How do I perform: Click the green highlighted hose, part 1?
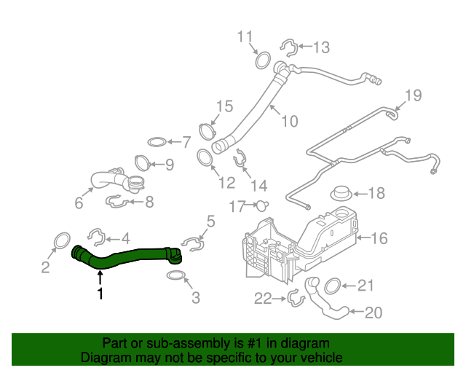tap(127, 256)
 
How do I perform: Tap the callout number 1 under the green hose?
tap(100, 294)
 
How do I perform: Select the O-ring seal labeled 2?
tap(63, 240)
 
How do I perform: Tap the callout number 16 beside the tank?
tap(379, 238)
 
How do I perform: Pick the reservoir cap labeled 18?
tap(341, 195)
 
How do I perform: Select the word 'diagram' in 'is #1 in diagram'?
tap(304, 342)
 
